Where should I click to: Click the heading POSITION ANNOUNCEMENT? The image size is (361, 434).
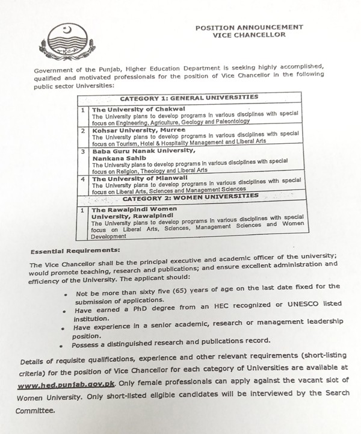coord(249,28)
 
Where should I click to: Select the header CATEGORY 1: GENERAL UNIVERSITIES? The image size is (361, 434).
coord(189,97)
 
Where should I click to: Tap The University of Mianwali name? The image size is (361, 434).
coord(131,178)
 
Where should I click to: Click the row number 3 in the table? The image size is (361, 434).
coord(83,152)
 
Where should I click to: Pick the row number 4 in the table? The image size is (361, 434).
coord(83,179)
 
